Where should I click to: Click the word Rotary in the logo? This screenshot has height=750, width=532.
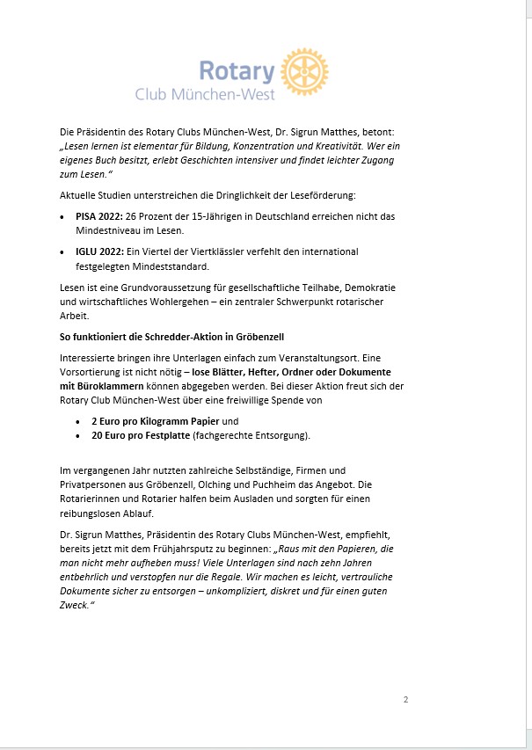pos(237,70)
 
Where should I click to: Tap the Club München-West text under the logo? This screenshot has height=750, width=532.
pos(205,94)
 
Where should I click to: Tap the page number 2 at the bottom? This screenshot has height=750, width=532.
pos(405,700)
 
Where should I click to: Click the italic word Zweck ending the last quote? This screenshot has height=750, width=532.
pos(75,606)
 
